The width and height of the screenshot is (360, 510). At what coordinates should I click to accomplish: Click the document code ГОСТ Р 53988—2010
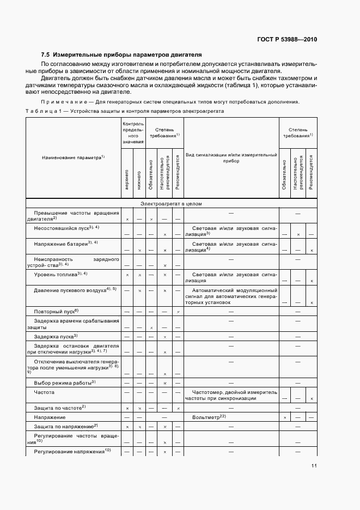point(287,40)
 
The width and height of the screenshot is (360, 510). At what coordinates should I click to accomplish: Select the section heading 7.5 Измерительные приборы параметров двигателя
point(121,54)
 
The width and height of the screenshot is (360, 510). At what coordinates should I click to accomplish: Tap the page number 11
point(314,465)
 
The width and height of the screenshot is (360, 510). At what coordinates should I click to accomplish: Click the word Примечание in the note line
point(58,102)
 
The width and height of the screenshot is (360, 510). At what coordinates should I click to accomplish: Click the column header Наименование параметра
point(73,157)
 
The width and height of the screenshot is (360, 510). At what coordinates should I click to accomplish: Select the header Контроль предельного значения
point(133,133)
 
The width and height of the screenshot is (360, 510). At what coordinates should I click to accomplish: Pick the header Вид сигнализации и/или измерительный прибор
point(231,158)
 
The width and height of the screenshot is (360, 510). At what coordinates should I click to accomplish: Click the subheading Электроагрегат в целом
point(171,204)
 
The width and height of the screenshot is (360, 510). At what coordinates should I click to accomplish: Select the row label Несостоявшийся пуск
point(66,227)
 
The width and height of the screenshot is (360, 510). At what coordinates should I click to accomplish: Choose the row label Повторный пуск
point(57,311)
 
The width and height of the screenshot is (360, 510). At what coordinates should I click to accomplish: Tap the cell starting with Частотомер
point(231,396)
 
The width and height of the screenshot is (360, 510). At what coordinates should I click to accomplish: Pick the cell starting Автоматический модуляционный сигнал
point(231,296)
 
